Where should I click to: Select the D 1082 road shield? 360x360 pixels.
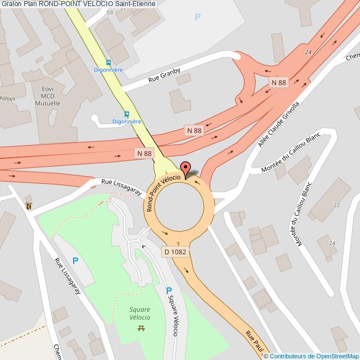[x=174, y=251]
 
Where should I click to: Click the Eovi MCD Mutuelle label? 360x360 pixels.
[x=51, y=96]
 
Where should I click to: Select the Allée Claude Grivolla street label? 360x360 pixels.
[x=279, y=125]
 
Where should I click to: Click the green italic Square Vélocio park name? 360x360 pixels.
[x=140, y=313]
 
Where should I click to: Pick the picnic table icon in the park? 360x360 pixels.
[x=141, y=328]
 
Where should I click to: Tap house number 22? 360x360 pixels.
[x=336, y=205]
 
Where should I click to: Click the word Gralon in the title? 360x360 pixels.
[x=11, y=4]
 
